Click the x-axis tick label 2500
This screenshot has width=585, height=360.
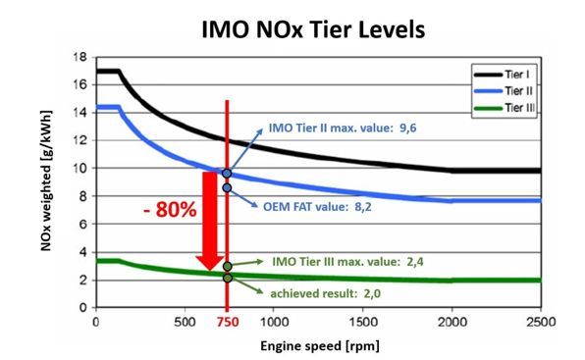(x=540, y=323)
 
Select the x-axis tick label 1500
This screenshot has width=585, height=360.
(x=362, y=323)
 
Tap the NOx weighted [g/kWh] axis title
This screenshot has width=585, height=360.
(x=47, y=182)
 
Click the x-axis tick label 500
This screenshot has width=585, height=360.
(x=184, y=323)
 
